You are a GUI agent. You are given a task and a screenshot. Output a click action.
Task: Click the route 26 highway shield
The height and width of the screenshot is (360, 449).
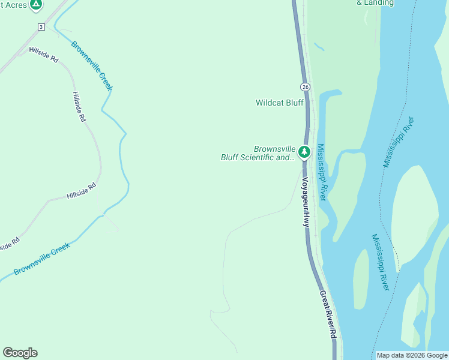(x=306, y=87)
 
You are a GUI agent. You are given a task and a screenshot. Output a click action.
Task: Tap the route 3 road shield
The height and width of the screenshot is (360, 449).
(x=41, y=27)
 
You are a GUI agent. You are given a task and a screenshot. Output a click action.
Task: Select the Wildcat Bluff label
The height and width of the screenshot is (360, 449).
(x=279, y=103)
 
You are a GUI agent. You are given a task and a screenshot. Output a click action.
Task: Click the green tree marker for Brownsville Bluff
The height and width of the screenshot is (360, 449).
(x=304, y=152)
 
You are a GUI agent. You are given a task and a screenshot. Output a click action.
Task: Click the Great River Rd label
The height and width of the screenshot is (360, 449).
(x=327, y=314)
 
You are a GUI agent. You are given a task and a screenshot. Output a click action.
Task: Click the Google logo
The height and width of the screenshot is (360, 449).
(x=20, y=353)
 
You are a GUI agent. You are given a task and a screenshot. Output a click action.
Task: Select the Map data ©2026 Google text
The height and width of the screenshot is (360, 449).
(x=411, y=355)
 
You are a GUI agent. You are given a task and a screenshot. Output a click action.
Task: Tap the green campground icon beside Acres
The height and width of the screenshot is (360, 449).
(x=36, y=5)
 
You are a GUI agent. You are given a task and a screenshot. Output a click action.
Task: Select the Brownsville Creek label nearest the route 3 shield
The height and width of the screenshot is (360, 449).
(x=92, y=65)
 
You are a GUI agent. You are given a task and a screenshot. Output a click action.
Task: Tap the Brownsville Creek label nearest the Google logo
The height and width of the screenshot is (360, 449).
(x=42, y=258)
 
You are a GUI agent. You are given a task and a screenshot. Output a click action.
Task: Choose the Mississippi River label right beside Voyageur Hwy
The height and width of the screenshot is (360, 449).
(x=322, y=172)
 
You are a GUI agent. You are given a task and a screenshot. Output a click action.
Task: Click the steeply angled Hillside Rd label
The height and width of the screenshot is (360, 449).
(x=79, y=107)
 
